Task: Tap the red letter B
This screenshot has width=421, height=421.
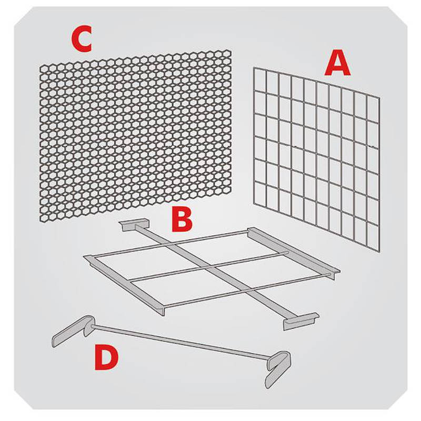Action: pyautogui.click(x=182, y=220)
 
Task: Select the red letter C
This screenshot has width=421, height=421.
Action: pyautogui.click(x=82, y=40)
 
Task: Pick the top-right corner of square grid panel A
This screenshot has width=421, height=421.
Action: pyautogui.click(x=379, y=97)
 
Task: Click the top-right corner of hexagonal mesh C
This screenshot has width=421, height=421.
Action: pyautogui.click(x=231, y=51)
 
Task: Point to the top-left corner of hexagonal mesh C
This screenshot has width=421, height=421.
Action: pyautogui.click(x=41, y=65)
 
